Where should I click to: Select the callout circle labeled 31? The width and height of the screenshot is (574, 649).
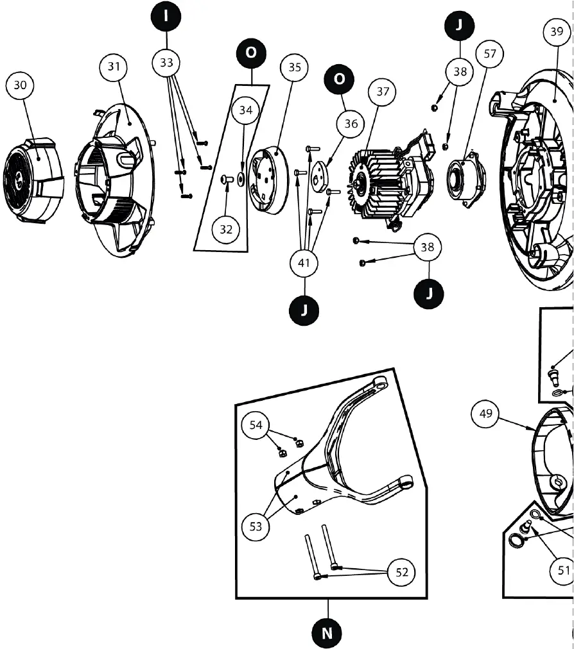114,67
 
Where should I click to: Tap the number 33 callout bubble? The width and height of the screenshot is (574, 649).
166,63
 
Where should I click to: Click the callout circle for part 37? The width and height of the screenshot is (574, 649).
383,92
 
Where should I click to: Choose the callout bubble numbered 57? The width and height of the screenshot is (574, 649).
490,54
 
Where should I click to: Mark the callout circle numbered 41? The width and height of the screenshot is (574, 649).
304,262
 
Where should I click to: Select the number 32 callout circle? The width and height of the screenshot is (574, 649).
226,230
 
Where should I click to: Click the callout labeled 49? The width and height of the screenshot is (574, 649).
486,414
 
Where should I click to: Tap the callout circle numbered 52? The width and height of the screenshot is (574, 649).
402,573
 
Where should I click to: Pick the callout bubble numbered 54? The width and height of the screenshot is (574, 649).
256,425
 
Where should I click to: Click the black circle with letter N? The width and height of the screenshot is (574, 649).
327,633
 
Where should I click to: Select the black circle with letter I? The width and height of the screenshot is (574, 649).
166,17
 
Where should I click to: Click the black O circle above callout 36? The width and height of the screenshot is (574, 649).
340,79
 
